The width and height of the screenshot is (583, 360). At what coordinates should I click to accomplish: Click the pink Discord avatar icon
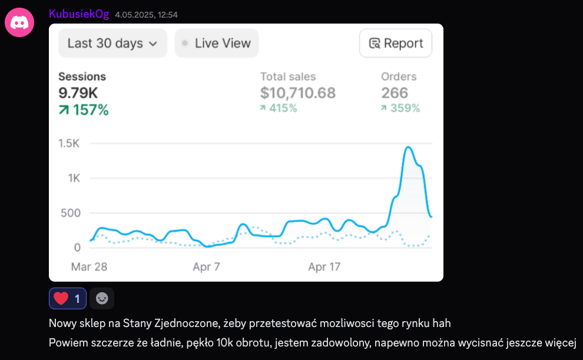pos(19,22)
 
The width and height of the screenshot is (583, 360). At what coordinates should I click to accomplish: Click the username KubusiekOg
pos(79,14)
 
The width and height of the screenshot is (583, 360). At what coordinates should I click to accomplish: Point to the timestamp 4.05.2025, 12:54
pos(147,15)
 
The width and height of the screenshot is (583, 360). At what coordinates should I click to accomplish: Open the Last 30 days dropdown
pos(112,43)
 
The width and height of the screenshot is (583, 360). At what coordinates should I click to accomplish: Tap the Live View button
pos(217,43)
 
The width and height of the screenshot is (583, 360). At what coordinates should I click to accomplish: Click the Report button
pos(396,43)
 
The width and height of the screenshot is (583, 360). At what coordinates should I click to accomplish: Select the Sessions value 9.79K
pos(78,93)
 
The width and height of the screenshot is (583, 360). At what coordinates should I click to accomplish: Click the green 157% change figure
pos(84,110)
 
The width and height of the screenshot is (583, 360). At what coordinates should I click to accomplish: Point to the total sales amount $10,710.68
pos(298,93)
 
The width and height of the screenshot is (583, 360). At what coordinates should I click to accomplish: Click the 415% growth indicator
pos(279,108)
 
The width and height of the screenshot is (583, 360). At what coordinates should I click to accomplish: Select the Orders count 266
pos(395,93)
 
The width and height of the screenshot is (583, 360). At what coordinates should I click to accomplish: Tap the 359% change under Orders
pos(400,108)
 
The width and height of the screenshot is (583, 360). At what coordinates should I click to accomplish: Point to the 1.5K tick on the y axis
pos(69,143)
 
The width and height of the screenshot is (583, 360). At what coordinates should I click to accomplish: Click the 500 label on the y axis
pos(70,213)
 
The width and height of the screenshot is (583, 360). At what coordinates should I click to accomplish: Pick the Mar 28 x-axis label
pos(89,267)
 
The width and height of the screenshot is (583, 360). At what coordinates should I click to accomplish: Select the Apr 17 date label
pos(324,267)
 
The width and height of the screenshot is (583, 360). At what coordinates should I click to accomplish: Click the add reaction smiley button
pos(102,299)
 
